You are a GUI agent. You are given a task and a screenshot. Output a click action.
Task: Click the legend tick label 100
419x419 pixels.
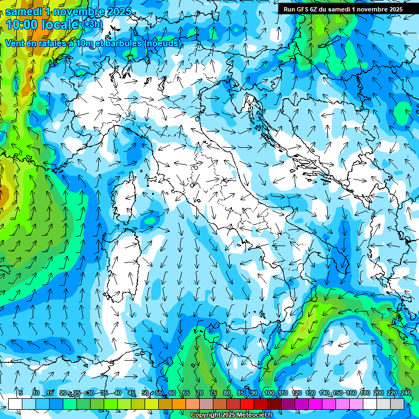click(270, 393)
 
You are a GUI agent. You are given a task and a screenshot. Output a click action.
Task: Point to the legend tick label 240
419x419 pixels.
click(406, 393)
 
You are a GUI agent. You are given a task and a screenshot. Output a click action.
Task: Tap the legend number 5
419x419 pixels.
click(21, 393)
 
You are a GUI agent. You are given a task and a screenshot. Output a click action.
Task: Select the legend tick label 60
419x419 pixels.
click(172, 393)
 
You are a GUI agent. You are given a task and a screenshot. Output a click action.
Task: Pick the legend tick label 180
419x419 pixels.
click(365, 393)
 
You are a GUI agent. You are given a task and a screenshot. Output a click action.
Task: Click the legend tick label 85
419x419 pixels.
click(241, 393)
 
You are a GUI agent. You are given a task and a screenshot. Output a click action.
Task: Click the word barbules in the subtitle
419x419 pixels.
click(123, 43)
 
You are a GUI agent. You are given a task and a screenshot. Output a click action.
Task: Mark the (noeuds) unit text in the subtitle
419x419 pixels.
click(162, 43)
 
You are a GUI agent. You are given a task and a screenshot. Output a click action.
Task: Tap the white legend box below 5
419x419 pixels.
click(15, 404)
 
